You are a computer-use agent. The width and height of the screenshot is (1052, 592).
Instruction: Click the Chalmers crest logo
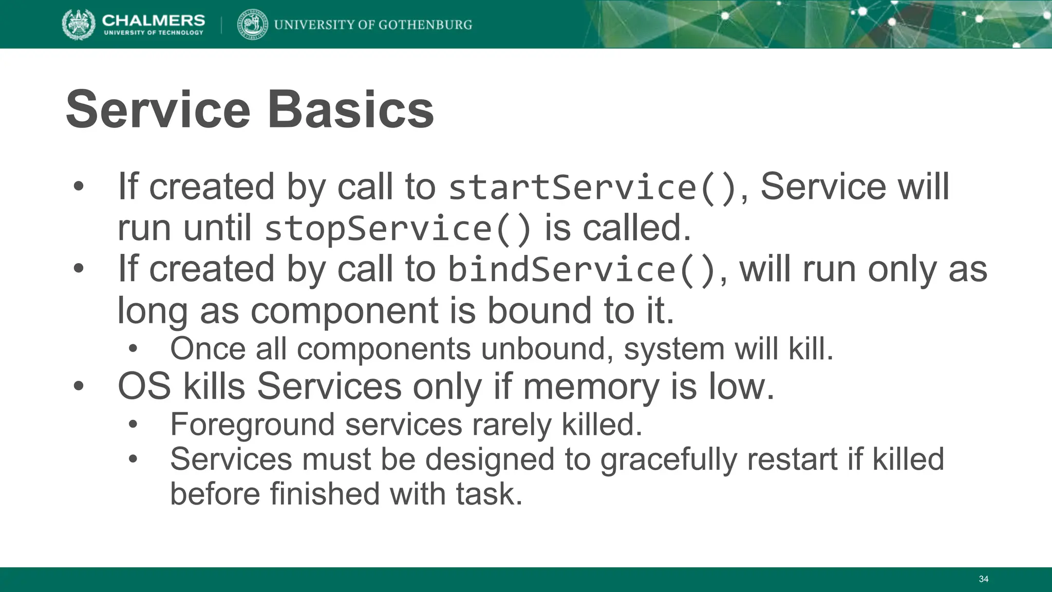79,24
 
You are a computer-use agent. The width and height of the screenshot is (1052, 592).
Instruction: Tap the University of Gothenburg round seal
253,25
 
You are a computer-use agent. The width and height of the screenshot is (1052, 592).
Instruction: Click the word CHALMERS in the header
153,20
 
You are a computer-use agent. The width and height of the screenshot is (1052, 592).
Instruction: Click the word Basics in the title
351,109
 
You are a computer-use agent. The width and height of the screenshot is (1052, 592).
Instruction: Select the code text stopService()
398,229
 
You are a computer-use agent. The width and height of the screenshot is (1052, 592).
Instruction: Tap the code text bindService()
582,270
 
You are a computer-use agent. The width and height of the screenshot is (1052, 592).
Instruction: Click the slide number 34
983,579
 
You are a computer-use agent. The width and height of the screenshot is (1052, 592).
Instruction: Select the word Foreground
252,425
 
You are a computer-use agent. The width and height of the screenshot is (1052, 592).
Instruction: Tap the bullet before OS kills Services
78,386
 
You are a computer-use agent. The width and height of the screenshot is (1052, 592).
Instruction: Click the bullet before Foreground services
134,425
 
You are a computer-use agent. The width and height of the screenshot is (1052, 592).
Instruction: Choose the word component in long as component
344,311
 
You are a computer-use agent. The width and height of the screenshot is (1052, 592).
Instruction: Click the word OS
144,386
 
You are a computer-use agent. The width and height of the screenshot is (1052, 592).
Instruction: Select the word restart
792,459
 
